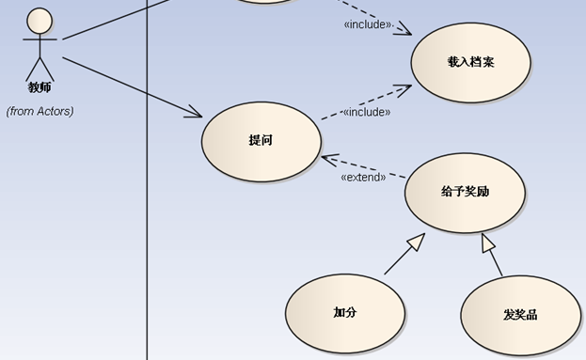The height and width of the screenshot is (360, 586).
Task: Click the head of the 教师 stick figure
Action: pyautogui.click(x=40, y=21)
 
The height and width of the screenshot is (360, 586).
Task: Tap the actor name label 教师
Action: pyautogui.click(x=40, y=88)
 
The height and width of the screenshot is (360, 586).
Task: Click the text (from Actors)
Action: pyautogui.click(x=40, y=111)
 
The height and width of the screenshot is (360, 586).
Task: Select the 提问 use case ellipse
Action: pyautogui.click(x=261, y=141)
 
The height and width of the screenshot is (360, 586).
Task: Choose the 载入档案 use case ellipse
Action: pyautogui.click(x=470, y=62)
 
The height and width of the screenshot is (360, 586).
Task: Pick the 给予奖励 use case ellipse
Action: pyautogui.click(x=465, y=193)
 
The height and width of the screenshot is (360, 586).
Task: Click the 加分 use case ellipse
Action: pyautogui.click(x=344, y=313)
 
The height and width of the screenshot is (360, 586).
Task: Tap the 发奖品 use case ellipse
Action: pyautogui.click(x=520, y=315)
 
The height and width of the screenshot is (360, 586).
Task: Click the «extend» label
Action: pyautogui.click(x=363, y=177)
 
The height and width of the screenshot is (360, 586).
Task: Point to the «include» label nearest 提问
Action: pyautogui.click(x=366, y=112)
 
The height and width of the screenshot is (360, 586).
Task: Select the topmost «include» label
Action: pyautogui.click(x=367, y=24)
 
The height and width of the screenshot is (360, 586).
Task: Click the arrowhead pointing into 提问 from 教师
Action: pyautogui.click(x=196, y=115)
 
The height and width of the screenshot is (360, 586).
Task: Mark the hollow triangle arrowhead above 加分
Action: pyautogui.click(x=415, y=243)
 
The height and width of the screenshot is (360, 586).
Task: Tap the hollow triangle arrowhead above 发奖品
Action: pyautogui.click(x=488, y=243)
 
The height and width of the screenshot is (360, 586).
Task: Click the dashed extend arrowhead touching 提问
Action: pyautogui.click(x=326, y=158)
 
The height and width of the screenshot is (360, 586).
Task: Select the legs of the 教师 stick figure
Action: pyautogui.click(x=40, y=68)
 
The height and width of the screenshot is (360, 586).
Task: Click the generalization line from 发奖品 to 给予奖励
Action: pyautogui.click(x=496, y=263)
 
